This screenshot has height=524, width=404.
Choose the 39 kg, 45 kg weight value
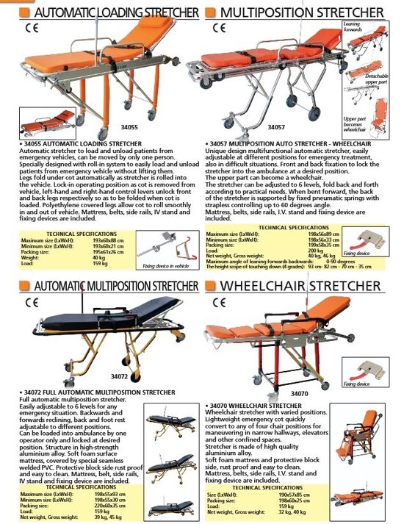point(107,517)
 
